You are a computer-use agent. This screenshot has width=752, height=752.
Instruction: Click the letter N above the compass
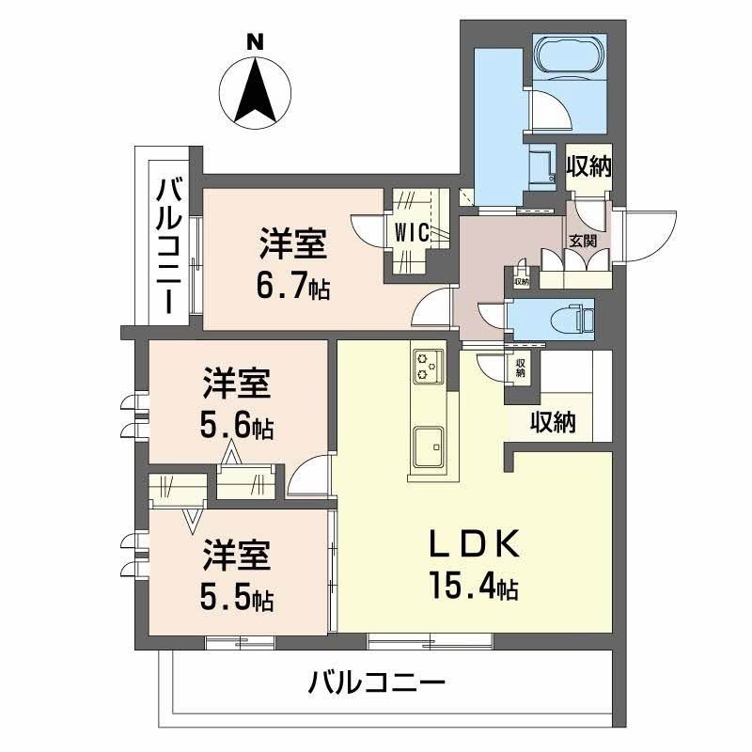click(255, 42)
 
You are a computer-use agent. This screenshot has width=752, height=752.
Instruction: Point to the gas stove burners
click(429, 367)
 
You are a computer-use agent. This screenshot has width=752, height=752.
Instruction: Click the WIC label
click(412, 233)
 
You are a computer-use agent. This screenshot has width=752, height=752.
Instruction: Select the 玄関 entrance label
click(583, 242)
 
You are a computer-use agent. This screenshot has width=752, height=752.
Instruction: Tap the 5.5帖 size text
click(237, 598)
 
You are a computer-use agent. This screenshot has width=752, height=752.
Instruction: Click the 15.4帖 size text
click(474, 586)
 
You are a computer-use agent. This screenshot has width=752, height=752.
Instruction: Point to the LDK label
click(474, 543)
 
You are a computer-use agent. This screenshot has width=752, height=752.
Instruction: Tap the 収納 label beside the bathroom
click(589, 167)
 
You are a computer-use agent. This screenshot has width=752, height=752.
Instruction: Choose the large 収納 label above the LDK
click(553, 422)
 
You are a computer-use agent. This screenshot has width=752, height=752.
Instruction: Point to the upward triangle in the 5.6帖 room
click(231, 452)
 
